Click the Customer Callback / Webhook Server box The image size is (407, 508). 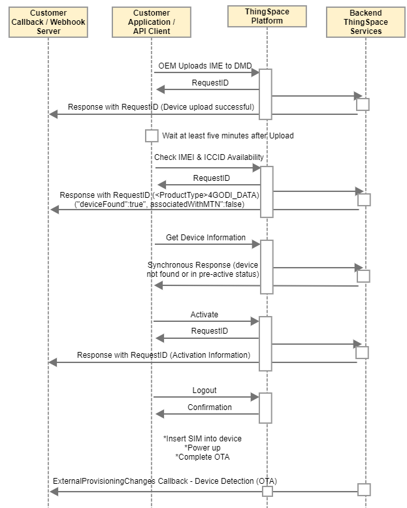[x=48, y=22]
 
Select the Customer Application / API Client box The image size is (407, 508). [x=152, y=22]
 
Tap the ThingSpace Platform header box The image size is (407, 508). [x=267, y=16]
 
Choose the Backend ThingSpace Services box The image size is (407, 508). [x=366, y=22]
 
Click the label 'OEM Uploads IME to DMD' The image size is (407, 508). [x=204, y=66]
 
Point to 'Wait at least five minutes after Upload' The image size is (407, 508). [x=228, y=135]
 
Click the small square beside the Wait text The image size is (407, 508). [x=152, y=136]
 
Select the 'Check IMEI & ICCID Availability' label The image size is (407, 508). [x=208, y=157]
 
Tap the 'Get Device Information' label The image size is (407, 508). [x=206, y=238]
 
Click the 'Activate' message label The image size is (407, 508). [x=204, y=315]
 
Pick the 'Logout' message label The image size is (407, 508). [x=204, y=390]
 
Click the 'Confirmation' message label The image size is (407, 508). [x=210, y=407]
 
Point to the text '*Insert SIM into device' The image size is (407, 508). [x=203, y=439]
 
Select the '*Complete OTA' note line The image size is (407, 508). [x=203, y=457]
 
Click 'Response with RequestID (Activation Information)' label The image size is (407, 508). [x=163, y=355]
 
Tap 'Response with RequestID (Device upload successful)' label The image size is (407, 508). [x=161, y=107]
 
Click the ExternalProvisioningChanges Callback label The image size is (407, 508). [x=165, y=481]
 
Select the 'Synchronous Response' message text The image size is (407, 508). [x=203, y=270]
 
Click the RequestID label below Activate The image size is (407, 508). [x=209, y=331]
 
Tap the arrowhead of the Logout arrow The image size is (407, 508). [x=255, y=397]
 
